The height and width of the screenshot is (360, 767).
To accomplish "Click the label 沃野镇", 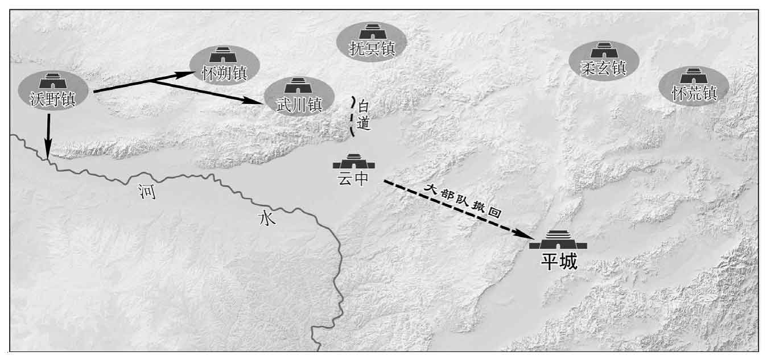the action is point(53,99).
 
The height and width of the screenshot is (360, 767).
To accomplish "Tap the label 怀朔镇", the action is point(224,73).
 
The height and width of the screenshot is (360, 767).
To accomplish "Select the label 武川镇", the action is point(299,105).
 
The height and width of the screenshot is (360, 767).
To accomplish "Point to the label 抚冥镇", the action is point(372,48).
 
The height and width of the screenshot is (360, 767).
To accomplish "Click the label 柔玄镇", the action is point(603,68).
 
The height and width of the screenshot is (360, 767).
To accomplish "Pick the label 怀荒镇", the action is point(694,93).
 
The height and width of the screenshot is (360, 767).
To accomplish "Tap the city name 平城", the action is point(559,262).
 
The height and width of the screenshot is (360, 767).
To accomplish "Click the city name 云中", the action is point(353,178).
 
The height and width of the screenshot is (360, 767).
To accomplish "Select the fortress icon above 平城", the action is point(558,240).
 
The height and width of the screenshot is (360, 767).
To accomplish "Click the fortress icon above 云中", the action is point(354,161).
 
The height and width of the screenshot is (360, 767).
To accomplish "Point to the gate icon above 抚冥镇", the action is point(373,31).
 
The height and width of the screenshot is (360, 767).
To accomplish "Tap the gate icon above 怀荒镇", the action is point(694,76).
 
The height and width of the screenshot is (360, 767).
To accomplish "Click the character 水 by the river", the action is point(267,218).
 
